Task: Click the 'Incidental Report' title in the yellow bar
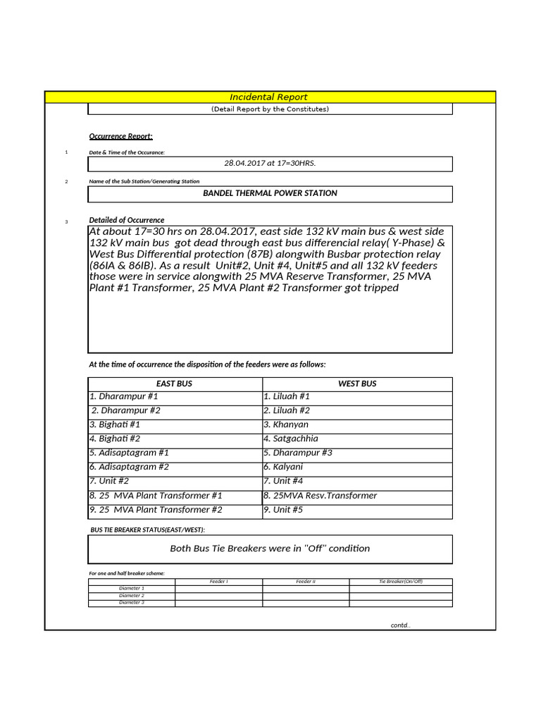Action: pyautogui.click(x=268, y=97)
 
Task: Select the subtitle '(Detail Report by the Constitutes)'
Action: pyautogui.click(x=270, y=109)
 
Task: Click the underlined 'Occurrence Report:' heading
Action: pyautogui.click(x=120, y=136)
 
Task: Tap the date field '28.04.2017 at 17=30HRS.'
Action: pyautogui.click(x=270, y=164)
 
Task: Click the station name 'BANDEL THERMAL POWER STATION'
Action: pyautogui.click(x=270, y=193)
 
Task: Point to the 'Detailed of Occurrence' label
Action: pyautogui.click(x=126, y=220)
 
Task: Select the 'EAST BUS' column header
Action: pyautogui.click(x=174, y=384)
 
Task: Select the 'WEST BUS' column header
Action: pyautogui.click(x=357, y=384)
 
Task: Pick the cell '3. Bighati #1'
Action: pyautogui.click(x=115, y=425)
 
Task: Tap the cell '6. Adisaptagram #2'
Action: pyautogui.click(x=129, y=467)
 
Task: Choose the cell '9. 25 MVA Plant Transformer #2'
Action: pyautogui.click(x=156, y=510)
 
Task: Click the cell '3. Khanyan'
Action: pyautogui.click(x=286, y=425)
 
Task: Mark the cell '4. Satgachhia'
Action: pyautogui.click(x=291, y=439)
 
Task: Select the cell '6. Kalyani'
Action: pyautogui.click(x=283, y=467)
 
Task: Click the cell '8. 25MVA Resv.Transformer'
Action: pyautogui.click(x=321, y=496)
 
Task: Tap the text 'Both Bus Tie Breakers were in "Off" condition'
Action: pyautogui.click(x=270, y=549)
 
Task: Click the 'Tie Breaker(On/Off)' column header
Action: pyautogui.click(x=400, y=582)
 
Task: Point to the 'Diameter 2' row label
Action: pyautogui.click(x=132, y=596)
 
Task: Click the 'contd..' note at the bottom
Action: pyautogui.click(x=400, y=625)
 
